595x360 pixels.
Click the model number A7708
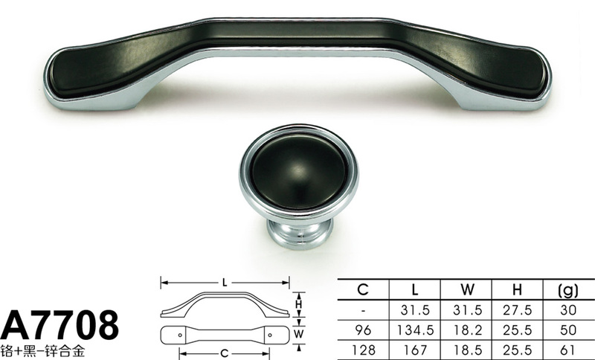click(x=60, y=325)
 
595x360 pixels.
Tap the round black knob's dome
click(x=300, y=172)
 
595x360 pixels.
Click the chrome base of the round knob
click(x=300, y=233)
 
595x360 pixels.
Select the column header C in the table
click(x=363, y=290)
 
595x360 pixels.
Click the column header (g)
click(x=568, y=290)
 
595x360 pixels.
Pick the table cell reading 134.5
click(x=415, y=330)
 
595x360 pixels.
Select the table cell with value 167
click(x=415, y=350)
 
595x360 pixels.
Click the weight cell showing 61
click(x=567, y=350)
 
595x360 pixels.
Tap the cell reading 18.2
click(x=467, y=330)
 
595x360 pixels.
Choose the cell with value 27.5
click(x=518, y=310)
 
